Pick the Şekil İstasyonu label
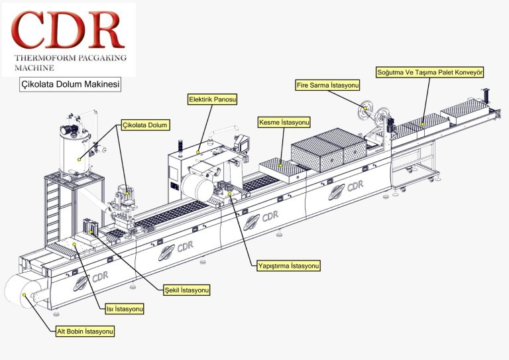[188, 290]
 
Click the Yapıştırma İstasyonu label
[289, 266]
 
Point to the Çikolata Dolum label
[146, 124]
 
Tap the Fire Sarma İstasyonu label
[327, 86]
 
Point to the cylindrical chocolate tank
[76, 149]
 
